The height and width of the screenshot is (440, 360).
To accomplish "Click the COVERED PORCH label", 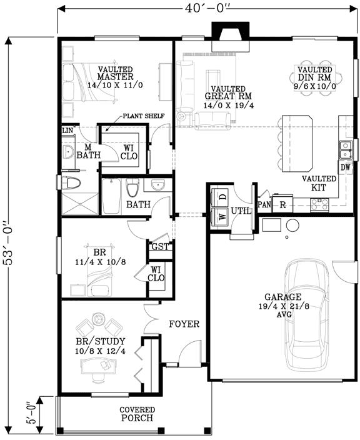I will [x=137, y=414].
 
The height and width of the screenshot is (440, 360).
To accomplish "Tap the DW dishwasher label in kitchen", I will [x=345, y=167].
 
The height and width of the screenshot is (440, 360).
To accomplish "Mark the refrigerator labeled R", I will [x=283, y=204].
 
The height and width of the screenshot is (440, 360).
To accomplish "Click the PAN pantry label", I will [x=264, y=204].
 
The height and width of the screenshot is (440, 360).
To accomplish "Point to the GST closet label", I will [x=159, y=247].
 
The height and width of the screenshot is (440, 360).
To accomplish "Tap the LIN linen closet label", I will [x=67, y=131].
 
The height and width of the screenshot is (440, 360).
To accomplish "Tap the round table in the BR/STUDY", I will [x=96, y=319].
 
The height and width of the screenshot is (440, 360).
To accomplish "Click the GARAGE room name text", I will [x=283, y=297].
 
